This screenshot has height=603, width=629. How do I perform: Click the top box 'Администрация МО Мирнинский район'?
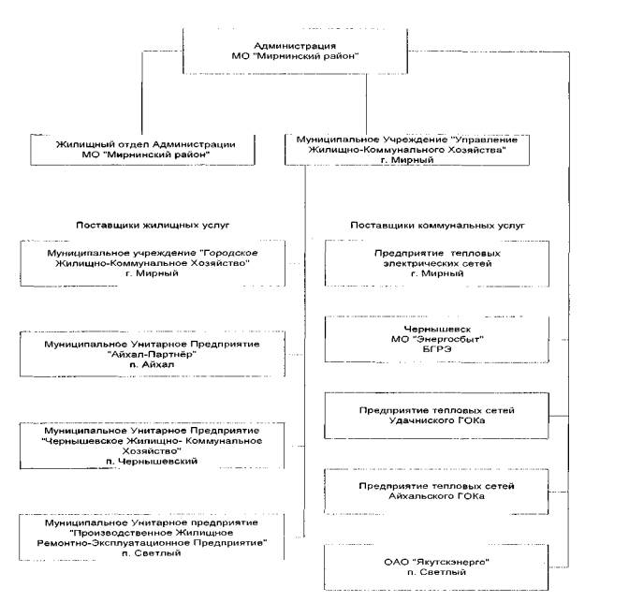tap(295, 51)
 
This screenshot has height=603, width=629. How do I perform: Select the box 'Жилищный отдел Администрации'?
tap(143, 150)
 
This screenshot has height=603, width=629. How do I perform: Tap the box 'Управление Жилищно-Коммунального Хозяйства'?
tap(407, 150)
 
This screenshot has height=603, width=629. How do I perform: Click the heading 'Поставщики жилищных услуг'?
tap(153, 225)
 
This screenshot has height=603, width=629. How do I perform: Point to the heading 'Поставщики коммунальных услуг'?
tap(437, 225)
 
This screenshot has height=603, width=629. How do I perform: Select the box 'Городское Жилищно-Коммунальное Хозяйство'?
tap(153, 263)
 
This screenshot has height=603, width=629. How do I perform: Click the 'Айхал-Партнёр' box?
tap(153, 354)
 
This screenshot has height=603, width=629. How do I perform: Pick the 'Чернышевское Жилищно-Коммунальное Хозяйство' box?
tap(152, 446)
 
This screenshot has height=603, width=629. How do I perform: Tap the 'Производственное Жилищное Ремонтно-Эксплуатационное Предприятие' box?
tap(152, 537)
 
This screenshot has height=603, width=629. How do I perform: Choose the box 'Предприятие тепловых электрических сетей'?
tap(437, 264)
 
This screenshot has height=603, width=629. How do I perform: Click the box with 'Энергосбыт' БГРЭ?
tap(437, 339)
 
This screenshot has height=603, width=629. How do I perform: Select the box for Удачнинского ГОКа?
tap(436, 415)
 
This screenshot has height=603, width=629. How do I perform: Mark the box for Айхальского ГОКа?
tap(436, 491)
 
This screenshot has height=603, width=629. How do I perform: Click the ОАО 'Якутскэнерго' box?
tap(436, 566)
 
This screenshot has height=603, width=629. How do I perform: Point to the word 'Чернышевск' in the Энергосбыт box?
tap(437, 329)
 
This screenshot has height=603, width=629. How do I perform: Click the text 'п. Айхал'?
tap(152, 364)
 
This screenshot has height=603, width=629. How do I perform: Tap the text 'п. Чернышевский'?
tap(152, 461)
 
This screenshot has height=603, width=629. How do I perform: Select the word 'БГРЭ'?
tap(437, 349)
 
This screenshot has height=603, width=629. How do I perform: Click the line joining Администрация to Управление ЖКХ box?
tap(366, 104)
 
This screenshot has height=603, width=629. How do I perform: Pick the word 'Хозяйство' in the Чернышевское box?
tap(152, 451)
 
